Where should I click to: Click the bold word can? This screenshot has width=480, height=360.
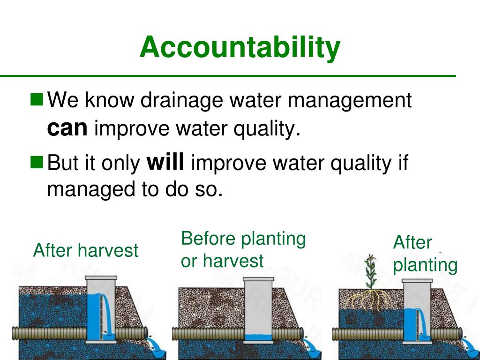(67, 128)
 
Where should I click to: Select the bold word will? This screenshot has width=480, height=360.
(165, 162)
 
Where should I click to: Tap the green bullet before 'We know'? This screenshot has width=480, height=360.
(37, 100)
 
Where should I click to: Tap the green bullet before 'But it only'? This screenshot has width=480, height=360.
(37, 162)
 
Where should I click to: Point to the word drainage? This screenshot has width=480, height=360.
(181, 101)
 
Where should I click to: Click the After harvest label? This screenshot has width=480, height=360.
(86, 250)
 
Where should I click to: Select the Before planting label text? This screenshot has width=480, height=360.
(243, 239)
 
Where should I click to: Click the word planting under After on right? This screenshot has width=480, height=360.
(425, 265)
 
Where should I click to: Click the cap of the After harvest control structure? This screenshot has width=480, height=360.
(101, 277)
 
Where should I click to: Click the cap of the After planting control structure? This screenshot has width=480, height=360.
(417, 280)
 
